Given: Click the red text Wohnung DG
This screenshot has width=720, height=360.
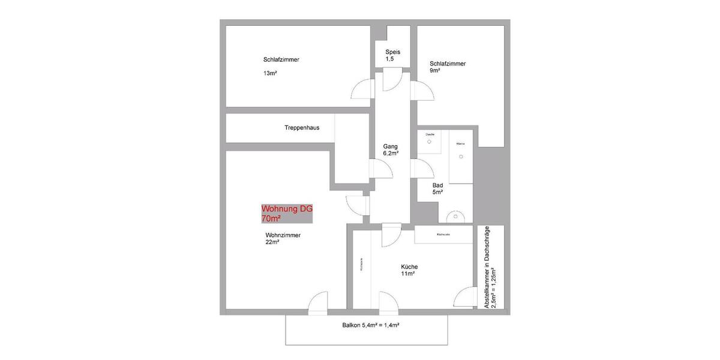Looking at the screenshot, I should [287, 209].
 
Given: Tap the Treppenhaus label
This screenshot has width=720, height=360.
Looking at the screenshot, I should [301, 128].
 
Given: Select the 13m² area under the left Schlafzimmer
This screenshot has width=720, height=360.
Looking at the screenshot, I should [269, 73].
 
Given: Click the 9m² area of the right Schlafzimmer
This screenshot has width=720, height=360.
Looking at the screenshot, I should [435, 70].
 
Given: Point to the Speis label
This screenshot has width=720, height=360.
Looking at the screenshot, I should [392, 52].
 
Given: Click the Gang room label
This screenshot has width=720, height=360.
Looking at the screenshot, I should [391, 146].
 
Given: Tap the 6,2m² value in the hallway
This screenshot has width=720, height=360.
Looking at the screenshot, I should [391, 154].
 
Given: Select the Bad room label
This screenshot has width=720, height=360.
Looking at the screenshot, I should [437, 185].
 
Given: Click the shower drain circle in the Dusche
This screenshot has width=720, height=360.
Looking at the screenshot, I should [430, 142].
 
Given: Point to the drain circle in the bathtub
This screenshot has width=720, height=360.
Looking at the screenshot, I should [461, 157].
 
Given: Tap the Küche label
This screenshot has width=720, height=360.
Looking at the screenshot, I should [409, 267].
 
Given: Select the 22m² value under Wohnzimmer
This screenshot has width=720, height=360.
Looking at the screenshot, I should [272, 242].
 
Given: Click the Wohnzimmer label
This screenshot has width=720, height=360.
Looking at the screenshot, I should [283, 235].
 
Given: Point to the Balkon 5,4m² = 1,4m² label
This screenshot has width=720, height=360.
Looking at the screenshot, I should [367, 325].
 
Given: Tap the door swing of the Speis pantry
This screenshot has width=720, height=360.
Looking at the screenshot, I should [392, 77].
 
